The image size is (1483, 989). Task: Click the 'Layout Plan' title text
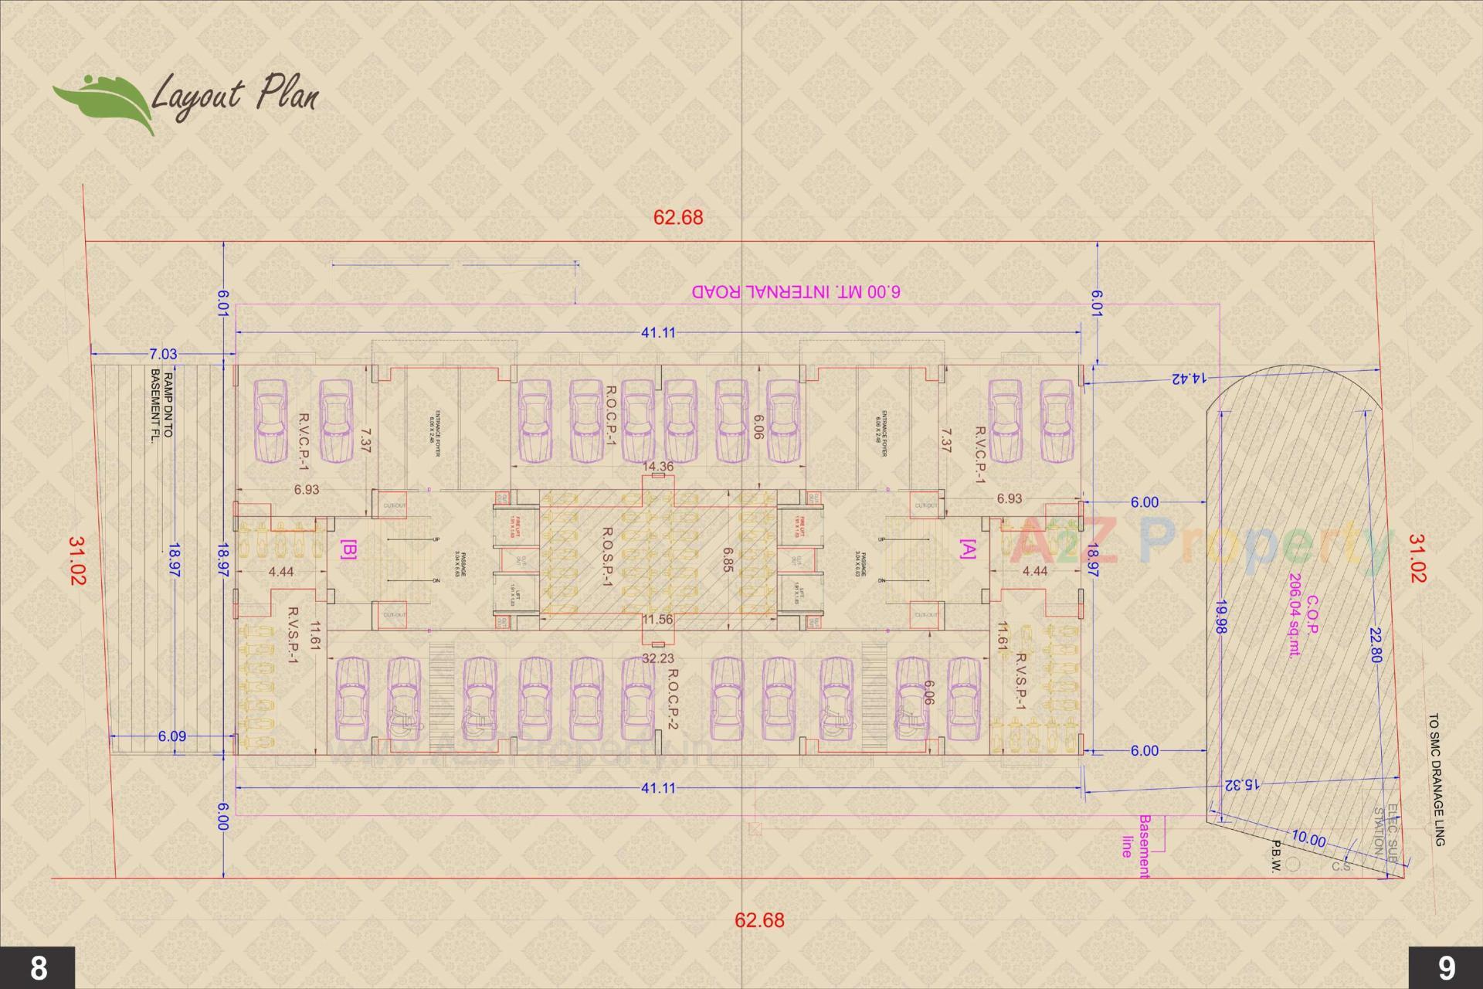pos(234,97)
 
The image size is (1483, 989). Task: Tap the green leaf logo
pos(102,104)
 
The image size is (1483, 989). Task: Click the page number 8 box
pos(37,967)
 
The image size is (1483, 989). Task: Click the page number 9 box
pos(1446,967)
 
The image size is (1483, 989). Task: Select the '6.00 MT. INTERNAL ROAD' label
pos(796,292)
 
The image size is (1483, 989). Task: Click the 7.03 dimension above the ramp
pos(163,354)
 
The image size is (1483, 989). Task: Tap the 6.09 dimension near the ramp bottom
pos(171,736)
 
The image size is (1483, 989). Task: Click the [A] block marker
pos(967,549)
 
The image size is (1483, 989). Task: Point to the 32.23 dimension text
pos(658,658)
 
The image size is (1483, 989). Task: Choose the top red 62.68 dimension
pos(678,217)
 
